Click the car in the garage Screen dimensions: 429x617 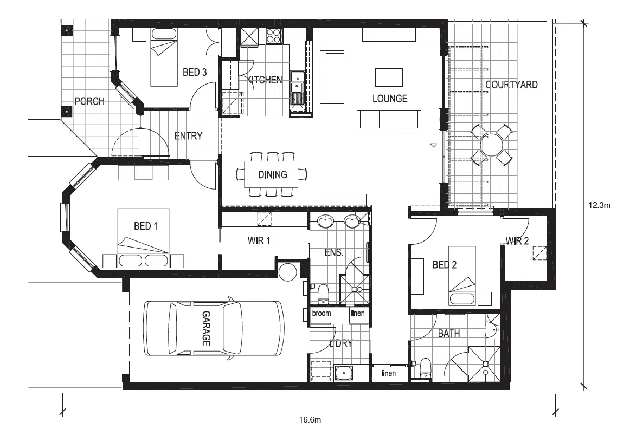coord(213,329)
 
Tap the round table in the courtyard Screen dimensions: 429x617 coord(492,145)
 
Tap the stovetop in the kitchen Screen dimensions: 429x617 coord(274,36)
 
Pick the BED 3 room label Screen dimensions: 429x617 coord(194,73)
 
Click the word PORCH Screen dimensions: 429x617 coord(89,101)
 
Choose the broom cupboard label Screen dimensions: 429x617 coord(321,314)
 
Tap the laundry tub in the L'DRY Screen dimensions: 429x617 coord(343,373)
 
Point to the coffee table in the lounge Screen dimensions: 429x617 coord(389,77)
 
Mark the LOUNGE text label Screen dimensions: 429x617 coord(389,99)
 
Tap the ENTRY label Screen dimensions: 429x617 coord(188,136)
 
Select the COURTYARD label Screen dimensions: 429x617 coord(511,84)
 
